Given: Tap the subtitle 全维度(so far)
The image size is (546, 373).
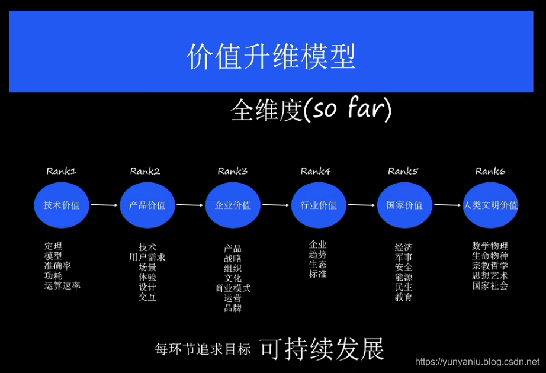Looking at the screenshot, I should tap(311, 110).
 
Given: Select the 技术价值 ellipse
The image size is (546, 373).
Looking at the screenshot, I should tap(61, 205).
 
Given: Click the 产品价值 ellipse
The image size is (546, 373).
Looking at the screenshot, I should tap(147, 205).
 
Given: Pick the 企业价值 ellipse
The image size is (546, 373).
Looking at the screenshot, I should tap(233, 205).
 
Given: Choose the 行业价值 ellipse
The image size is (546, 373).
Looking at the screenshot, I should tap(319, 205).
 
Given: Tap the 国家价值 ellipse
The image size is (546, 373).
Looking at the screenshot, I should tap(404, 205).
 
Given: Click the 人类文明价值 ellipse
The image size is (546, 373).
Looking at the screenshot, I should tap(490, 205).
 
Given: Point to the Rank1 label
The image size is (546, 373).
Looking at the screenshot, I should tap(62, 172).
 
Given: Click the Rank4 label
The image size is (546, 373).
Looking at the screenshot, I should tap(316, 172).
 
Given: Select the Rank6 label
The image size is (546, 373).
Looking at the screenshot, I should tap(490, 172).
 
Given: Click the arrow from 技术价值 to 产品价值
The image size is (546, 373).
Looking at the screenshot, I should tap(104, 205).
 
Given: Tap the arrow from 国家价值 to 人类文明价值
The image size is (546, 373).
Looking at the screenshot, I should tap(448, 205).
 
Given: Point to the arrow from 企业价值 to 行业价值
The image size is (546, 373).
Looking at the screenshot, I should tap(276, 205).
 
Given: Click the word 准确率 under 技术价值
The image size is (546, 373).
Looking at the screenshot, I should tap(57, 266).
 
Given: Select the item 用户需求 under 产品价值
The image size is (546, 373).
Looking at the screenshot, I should tap(147, 258).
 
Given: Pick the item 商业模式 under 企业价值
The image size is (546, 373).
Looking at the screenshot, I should tap(233, 288).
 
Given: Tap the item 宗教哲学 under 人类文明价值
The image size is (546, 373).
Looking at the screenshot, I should tap(490, 266).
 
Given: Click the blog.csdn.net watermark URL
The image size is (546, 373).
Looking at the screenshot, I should tap(477, 361).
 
